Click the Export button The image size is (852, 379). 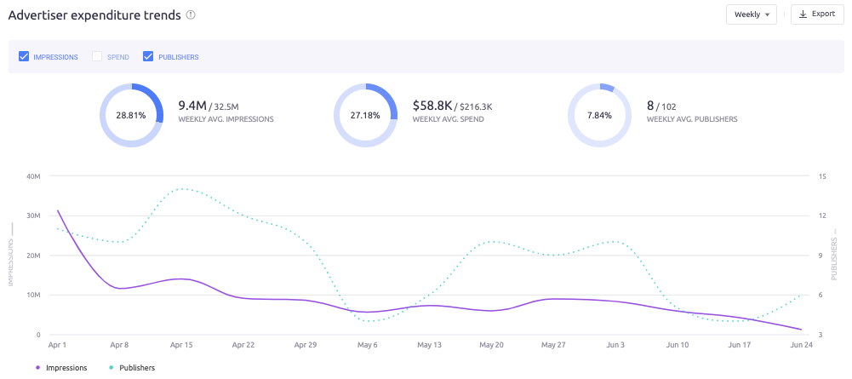coord(817,14)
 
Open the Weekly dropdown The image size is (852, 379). coord(751,14)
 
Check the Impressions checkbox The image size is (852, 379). coord(24,57)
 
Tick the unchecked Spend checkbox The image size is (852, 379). coord(97,57)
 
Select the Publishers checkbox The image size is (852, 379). coord(148,57)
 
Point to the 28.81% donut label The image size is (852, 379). coord(131,114)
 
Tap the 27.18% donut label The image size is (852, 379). coord(365,114)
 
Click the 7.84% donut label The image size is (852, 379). coord(599,114)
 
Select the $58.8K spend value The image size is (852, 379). coord(433,106)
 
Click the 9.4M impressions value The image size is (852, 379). coord(192,106)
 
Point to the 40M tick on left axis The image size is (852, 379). coord(34,176)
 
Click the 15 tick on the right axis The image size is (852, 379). coord(822,176)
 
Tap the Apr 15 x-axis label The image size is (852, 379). coord(182,347)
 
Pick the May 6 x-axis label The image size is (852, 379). coord(369,347)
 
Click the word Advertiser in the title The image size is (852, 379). coord(41,14)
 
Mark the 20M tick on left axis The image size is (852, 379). coord(34,256)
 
